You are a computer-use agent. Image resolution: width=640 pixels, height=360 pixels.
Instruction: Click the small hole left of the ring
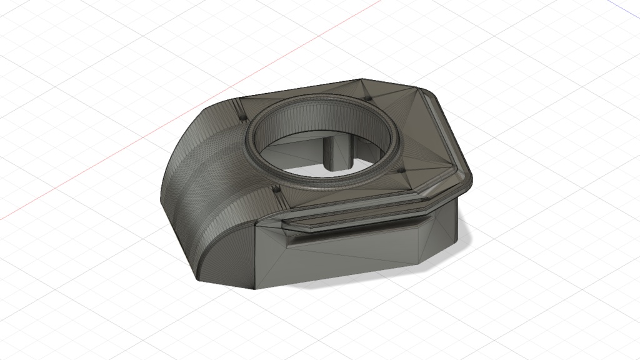point(241,117)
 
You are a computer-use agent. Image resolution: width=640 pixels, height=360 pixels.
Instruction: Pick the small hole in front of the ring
point(276,187)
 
